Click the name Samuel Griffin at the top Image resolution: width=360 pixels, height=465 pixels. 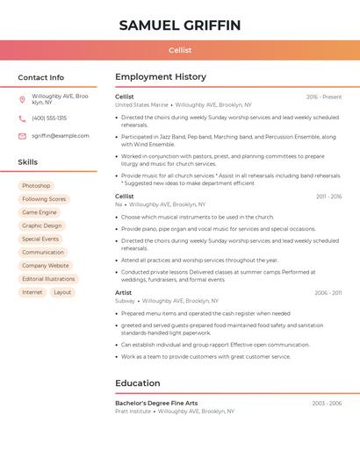(x=180, y=25)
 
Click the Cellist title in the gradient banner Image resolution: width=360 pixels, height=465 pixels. (x=180, y=51)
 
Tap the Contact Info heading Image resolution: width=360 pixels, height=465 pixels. (x=40, y=77)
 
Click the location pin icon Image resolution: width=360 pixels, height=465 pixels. (x=22, y=99)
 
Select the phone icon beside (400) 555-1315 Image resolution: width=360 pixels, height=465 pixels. (x=22, y=118)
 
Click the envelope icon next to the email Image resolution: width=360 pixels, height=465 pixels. (x=22, y=136)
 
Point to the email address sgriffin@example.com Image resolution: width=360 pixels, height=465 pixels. (x=61, y=136)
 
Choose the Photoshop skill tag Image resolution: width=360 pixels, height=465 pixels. (x=36, y=186)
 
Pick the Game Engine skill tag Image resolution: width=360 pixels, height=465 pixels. (x=40, y=212)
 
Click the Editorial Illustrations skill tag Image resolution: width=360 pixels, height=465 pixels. (x=48, y=279)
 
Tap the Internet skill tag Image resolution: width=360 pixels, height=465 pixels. (x=32, y=292)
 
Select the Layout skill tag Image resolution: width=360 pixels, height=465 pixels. (x=62, y=292)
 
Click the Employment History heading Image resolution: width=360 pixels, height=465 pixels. (x=161, y=77)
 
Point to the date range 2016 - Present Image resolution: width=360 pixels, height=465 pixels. (x=324, y=97)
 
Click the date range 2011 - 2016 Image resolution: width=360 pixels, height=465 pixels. (x=329, y=197)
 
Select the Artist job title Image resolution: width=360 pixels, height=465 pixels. (x=124, y=292)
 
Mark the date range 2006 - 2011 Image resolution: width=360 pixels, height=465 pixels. (x=328, y=293)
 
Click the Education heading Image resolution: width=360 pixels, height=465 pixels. (x=138, y=383)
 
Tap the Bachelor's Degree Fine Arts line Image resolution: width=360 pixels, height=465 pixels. (x=156, y=403)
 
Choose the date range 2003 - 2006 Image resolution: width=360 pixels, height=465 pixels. (x=327, y=403)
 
